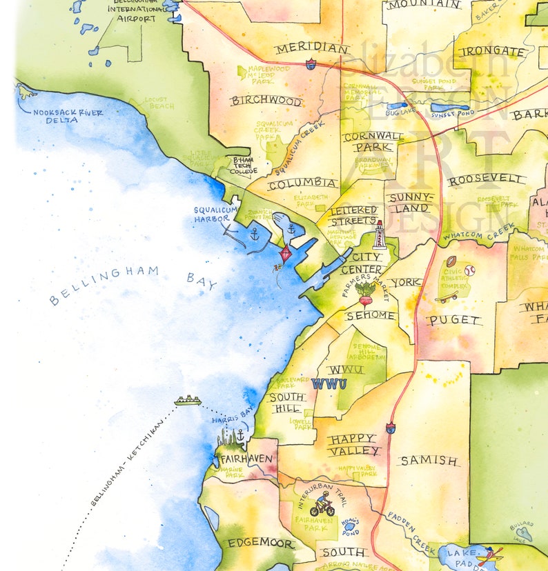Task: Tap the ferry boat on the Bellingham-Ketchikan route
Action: point(187,400)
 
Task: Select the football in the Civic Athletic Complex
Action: point(451,262)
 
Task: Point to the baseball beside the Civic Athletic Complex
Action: point(469,270)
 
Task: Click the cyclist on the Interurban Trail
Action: point(322,505)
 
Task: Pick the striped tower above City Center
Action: point(379,235)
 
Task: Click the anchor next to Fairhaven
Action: point(240,436)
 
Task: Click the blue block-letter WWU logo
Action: point(329,384)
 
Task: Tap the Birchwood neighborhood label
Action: point(266,101)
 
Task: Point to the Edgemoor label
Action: point(261,543)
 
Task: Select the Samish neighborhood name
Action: point(429,460)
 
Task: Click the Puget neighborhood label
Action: point(454,320)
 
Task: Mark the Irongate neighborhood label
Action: point(492,52)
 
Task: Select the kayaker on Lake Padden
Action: point(490,554)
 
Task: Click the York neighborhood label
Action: point(404,283)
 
